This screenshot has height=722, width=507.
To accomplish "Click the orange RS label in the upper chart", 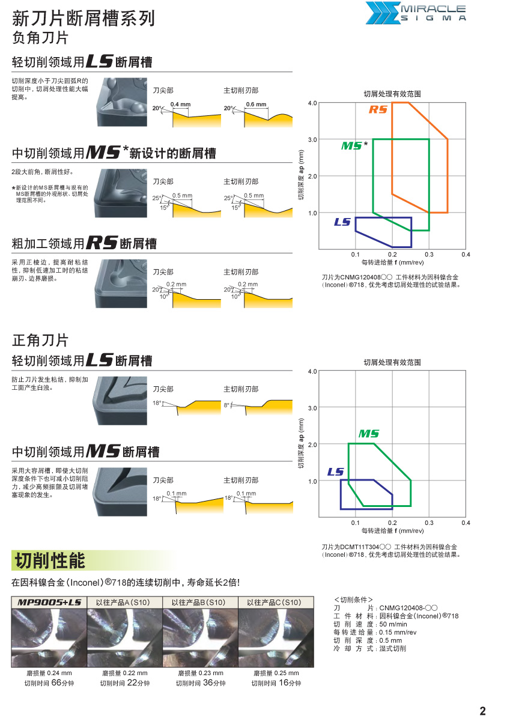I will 378,109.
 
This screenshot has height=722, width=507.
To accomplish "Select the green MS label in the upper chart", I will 352,146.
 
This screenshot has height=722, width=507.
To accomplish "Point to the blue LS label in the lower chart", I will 336,472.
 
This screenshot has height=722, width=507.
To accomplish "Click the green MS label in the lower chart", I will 369,433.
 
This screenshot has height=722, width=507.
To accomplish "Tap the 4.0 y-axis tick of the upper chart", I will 312,103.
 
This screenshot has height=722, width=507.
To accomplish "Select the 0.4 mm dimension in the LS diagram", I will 180,105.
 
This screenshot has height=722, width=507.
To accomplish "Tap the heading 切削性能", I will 50,560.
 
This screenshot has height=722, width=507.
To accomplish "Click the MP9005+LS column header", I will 49,602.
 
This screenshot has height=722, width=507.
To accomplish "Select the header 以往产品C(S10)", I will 275,602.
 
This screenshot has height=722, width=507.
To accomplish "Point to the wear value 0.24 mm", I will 49,673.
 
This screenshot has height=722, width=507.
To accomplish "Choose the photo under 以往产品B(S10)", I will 200,637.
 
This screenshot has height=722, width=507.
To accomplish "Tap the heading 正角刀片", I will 40,340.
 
